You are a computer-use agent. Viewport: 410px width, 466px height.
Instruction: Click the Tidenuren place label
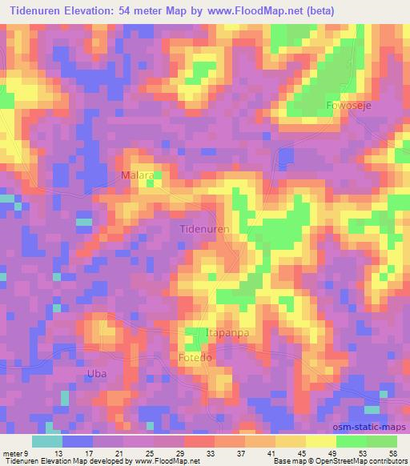(x=204, y=229)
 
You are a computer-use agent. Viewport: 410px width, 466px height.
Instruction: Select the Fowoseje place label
(x=349, y=106)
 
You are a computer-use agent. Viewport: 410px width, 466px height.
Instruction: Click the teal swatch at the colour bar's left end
(x=46, y=440)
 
